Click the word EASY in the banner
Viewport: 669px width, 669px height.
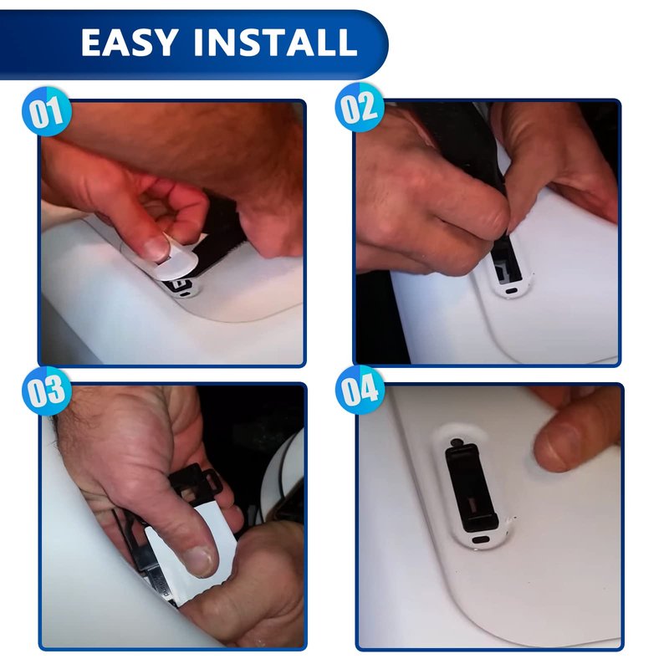tap(129, 43)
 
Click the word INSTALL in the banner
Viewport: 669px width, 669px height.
tap(275, 43)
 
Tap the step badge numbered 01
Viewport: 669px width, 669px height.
tap(47, 112)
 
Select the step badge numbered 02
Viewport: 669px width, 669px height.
tap(360, 107)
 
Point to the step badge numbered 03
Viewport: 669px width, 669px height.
tap(47, 391)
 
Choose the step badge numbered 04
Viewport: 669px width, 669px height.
tap(360, 390)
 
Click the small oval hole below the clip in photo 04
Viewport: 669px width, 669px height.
tap(481, 539)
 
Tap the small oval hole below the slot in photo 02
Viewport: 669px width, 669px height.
tap(511, 291)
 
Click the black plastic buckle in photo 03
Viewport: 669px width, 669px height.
tap(197, 485)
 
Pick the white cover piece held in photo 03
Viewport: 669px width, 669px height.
tap(192, 558)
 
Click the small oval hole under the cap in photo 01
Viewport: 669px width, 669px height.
tap(184, 294)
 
